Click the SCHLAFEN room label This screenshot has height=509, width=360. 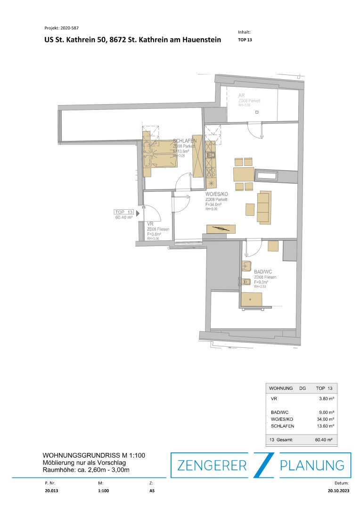click(x=185, y=141)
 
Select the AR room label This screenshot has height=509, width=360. click(x=242, y=96)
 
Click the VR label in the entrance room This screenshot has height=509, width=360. click(x=150, y=224)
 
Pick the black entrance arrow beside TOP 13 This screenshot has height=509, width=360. click(x=138, y=213)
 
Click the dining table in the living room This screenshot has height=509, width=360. click(x=243, y=174)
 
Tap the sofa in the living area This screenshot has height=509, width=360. click(x=265, y=207)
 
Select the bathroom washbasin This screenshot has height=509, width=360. click(x=246, y=266)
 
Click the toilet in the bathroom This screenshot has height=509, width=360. click(x=245, y=282)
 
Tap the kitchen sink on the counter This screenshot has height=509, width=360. click(x=210, y=154)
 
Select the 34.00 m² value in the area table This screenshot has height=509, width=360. click(x=326, y=419)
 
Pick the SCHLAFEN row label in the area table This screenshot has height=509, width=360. click(x=283, y=426)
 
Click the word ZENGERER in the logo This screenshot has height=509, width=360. click(x=212, y=466)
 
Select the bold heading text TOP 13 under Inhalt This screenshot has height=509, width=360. click(x=245, y=40)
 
